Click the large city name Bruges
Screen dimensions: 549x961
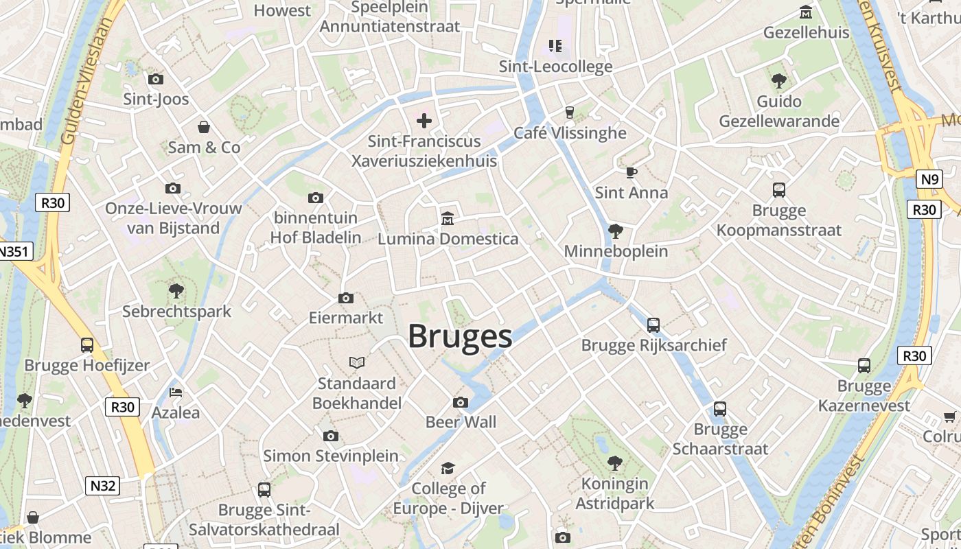460,337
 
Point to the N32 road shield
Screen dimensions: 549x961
103,486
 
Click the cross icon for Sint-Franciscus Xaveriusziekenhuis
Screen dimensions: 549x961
424,121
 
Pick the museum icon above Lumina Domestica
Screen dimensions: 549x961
448,219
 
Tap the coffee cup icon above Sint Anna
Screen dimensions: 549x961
631,172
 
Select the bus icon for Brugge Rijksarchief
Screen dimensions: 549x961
653,325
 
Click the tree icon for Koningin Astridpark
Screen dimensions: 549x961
615,463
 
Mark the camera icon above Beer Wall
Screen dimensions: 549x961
461,402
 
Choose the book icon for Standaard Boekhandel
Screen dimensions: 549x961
357,362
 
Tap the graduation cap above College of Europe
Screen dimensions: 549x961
448,468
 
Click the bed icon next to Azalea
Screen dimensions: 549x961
176,393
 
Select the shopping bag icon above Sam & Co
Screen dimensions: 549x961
204,127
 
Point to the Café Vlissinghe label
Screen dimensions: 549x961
570,133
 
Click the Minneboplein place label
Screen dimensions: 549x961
616,251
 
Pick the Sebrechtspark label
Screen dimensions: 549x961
176,312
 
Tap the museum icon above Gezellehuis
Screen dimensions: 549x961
806,12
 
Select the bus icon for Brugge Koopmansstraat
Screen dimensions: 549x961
778,190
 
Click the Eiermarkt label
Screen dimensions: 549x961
346,318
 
